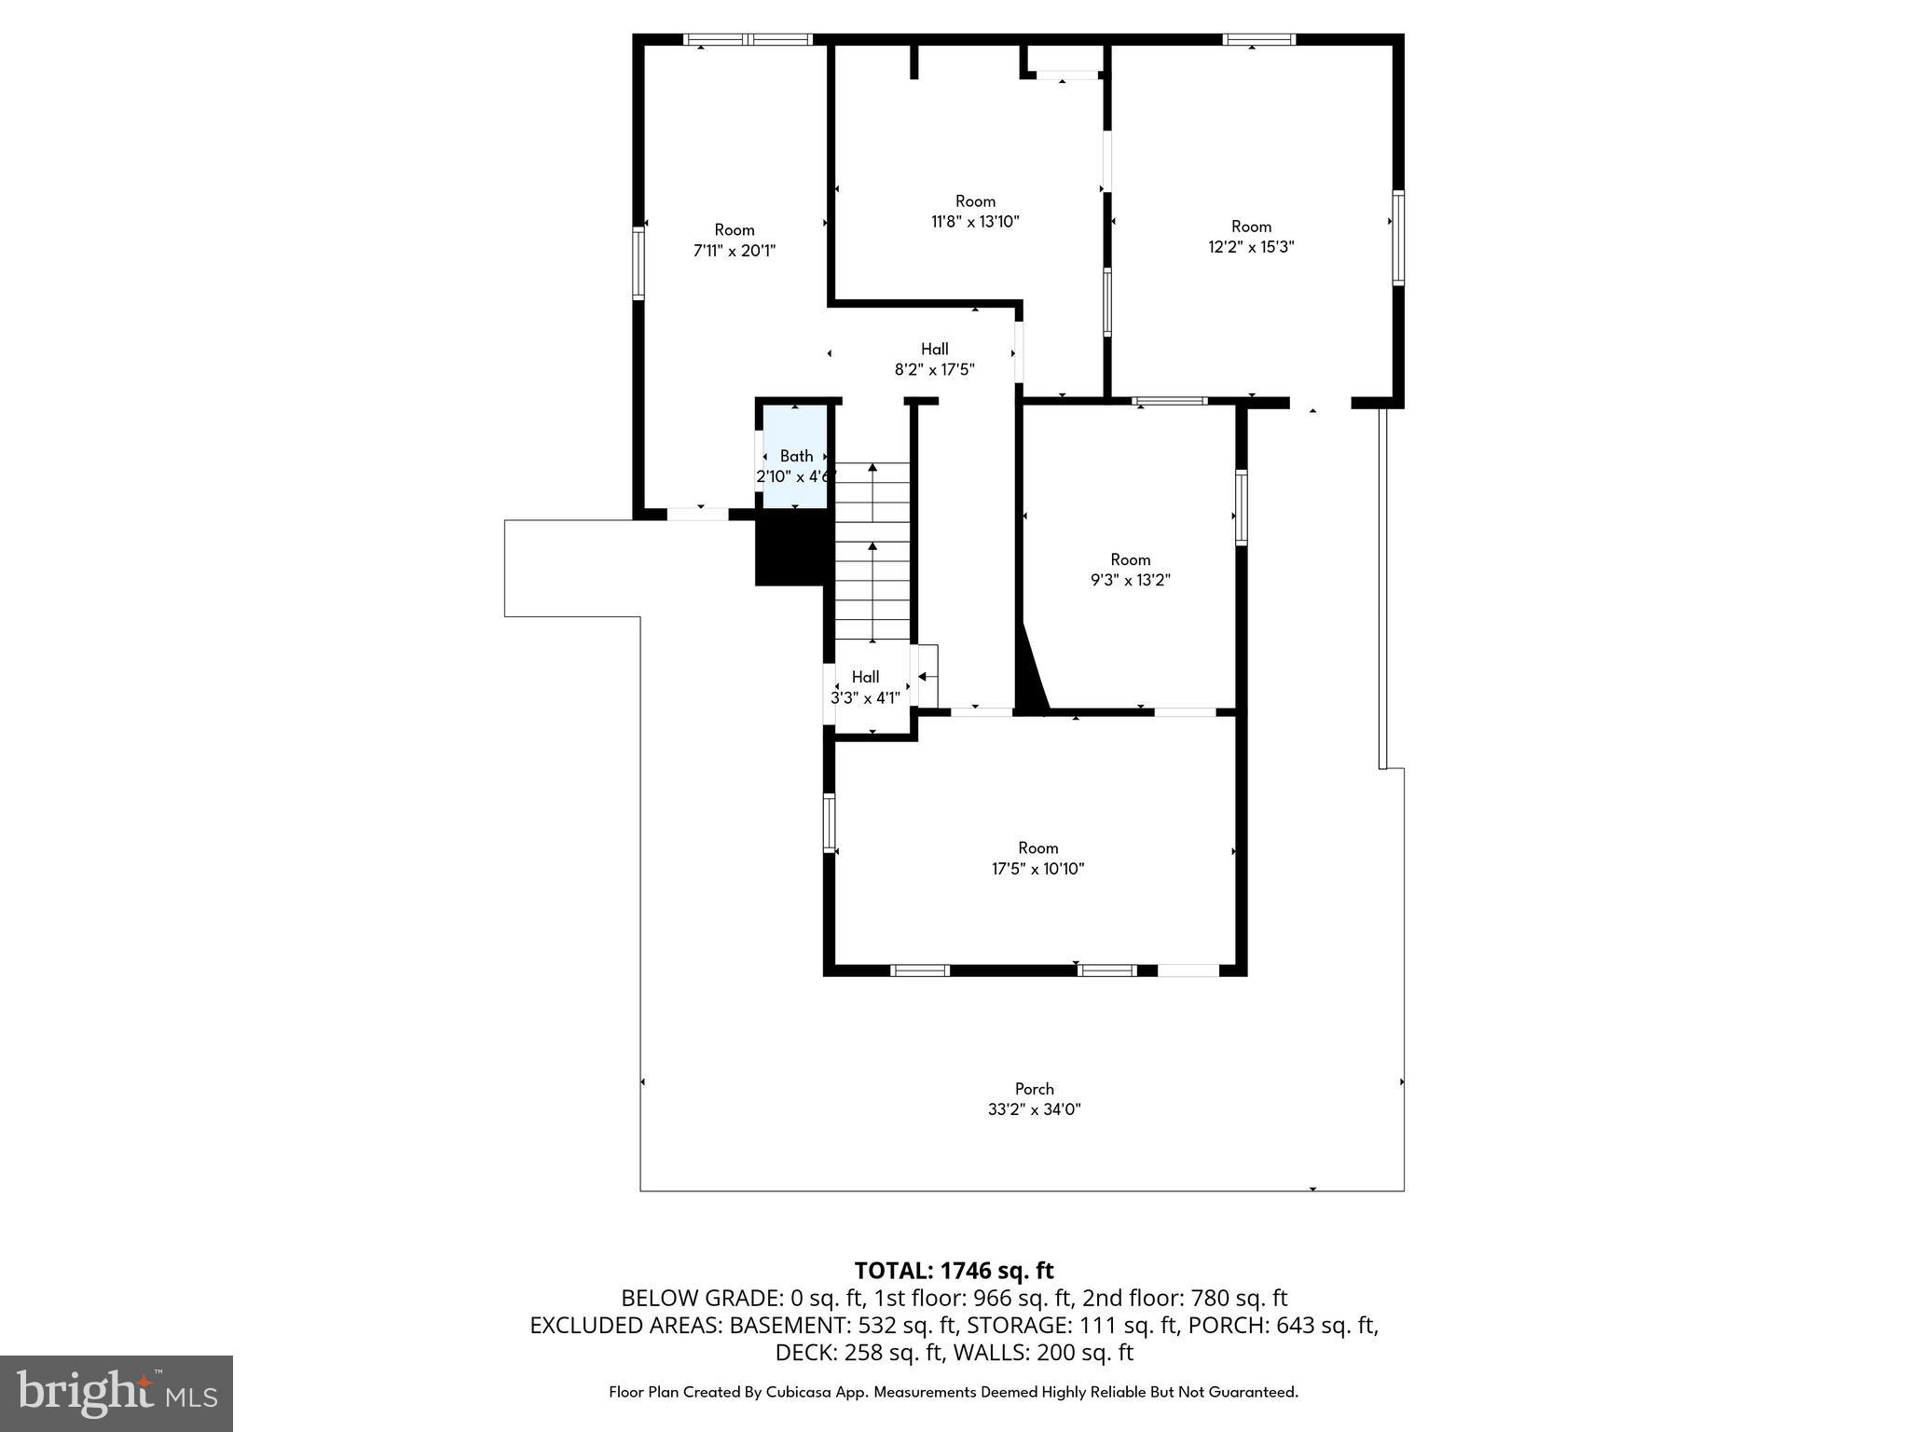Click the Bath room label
[x=796, y=456]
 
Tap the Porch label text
[x=1034, y=1089]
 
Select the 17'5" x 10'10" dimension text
[x=1037, y=869]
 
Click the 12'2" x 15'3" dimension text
[x=1251, y=247]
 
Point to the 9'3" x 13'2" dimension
[x=1130, y=580]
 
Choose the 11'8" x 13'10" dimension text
[x=975, y=222]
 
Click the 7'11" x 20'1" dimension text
[x=735, y=251]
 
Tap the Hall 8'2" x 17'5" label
[x=934, y=359]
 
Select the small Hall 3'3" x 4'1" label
[x=865, y=687]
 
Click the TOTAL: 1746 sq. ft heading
[x=954, y=1271]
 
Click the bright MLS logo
[x=117, y=1393]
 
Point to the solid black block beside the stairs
[x=790, y=549]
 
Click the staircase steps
[x=872, y=559]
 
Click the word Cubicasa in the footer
[x=801, y=1392]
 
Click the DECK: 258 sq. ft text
[x=850, y=1352]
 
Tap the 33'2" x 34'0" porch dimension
[x=1034, y=1109]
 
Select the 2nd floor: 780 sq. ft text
[x=1184, y=1298]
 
